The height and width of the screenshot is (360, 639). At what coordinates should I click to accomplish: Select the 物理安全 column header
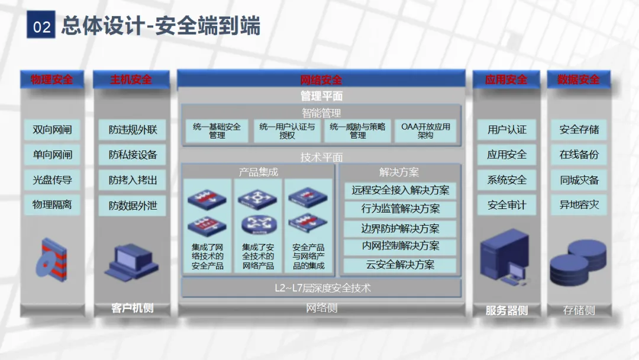[x=51, y=79]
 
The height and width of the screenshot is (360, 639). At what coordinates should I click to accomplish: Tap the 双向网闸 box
[x=52, y=130]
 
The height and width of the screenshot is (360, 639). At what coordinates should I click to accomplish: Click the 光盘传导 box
[x=52, y=180]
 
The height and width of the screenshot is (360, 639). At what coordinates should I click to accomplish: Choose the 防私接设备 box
[x=133, y=155]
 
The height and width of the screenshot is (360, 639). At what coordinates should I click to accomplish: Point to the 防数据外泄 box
[x=133, y=206]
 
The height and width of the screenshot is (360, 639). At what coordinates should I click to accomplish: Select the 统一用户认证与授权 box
[x=287, y=131]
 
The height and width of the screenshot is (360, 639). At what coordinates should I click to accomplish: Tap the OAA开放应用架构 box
[x=425, y=131]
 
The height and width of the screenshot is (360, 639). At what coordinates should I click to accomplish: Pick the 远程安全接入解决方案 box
[x=401, y=190]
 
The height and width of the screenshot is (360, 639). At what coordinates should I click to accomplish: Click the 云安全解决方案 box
[x=401, y=265]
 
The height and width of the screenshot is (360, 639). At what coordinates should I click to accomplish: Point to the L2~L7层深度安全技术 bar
[x=322, y=288]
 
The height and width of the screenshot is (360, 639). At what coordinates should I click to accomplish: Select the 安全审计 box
[x=506, y=205]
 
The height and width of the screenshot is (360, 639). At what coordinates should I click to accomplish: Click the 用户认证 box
[x=506, y=130]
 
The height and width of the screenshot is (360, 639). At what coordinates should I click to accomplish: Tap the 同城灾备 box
[x=579, y=180]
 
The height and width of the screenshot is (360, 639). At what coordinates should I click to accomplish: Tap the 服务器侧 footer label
[x=506, y=310]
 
